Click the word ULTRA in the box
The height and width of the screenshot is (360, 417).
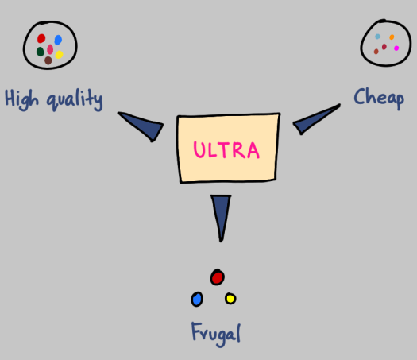228,149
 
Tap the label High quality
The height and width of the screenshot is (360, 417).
54,99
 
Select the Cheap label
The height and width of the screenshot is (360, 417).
379,98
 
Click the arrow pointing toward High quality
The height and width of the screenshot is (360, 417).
142,126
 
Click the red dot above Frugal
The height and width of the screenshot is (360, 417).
217,277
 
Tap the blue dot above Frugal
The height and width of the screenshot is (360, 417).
197,299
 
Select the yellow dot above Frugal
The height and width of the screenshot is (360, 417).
230,299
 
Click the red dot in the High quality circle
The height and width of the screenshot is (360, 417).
41,39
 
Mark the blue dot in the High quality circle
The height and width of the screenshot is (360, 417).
58,39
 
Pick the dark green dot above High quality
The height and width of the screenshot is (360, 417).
40,52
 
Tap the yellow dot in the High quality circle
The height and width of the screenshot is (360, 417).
59,55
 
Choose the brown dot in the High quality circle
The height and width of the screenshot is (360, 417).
48,60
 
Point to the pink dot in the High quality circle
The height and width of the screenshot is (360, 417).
50,48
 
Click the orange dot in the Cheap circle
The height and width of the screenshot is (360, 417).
392,37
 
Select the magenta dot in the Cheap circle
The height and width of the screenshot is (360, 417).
396,48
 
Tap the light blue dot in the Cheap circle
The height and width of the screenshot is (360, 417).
377,37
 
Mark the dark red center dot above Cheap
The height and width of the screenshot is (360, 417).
385,46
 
